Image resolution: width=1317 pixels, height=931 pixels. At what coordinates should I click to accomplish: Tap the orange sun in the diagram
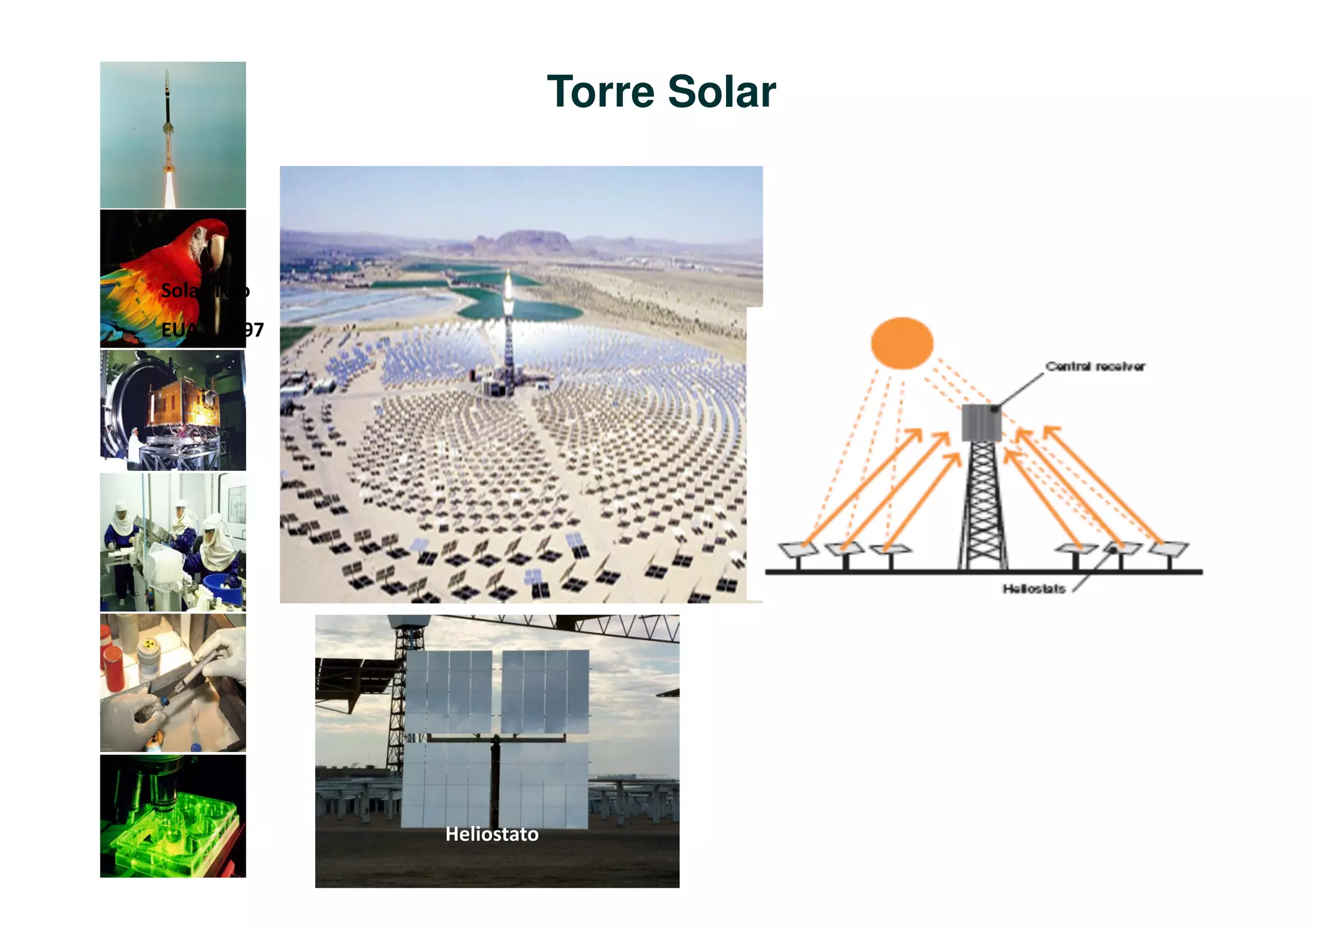click(x=902, y=343)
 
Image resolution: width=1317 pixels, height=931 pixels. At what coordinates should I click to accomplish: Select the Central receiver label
click(x=1094, y=367)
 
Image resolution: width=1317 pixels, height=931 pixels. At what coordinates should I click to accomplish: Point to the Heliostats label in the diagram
click(x=1033, y=589)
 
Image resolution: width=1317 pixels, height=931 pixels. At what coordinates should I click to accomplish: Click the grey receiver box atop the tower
click(x=981, y=423)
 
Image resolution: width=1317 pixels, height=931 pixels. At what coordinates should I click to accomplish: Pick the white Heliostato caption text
click(x=492, y=834)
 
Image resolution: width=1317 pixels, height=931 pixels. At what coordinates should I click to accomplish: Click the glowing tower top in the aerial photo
click(x=508, y=286)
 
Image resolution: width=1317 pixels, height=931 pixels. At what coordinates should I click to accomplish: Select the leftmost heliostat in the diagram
click(x=798, y=549)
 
